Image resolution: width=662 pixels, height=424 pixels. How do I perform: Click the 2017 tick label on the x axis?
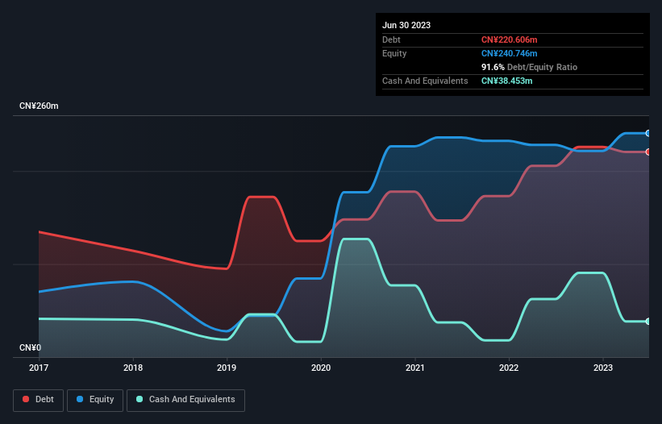[39, 368]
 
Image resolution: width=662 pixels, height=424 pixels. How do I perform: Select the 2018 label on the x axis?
[133, 368]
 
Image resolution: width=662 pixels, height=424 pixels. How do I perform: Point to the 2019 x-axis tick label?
[227, 368]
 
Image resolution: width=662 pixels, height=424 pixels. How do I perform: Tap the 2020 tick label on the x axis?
[321, 368]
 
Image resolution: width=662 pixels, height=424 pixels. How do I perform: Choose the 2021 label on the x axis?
[415, 368]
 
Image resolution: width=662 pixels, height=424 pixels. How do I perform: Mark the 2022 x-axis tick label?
[509, 368]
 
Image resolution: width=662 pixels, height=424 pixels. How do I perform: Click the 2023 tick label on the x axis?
[603, 368]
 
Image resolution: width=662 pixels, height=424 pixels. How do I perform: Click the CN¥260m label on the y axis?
[40, 106]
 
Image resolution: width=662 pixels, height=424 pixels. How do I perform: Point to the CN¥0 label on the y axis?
[31, 348]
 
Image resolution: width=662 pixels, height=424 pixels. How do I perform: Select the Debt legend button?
[37, 400]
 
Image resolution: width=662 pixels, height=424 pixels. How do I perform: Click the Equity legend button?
[96, 400]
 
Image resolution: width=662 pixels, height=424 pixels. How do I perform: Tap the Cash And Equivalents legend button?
[185, 400]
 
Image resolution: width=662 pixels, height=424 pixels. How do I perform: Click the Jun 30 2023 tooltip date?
[406, 25]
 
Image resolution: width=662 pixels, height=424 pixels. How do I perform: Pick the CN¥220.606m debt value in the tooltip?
[509, 39]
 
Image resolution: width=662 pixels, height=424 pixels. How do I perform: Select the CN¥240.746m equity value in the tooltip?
[509, 53]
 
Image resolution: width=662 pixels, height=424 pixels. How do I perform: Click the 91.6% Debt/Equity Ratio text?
[529, 67]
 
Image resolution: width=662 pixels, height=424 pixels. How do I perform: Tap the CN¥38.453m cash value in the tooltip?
[506, 81]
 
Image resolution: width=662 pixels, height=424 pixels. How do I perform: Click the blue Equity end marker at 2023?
[648, 133]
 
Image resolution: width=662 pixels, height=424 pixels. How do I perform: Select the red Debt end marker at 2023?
[648, 152]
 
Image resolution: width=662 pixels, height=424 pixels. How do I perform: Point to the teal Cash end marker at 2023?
[648, 322]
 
